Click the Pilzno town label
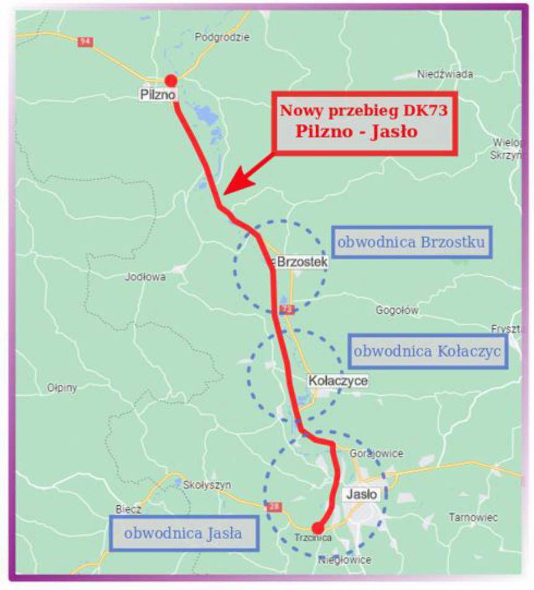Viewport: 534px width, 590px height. [x=159, y=95]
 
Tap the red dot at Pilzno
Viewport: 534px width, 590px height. [x=171, y=80]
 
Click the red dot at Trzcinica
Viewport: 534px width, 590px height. [x=317, y=527]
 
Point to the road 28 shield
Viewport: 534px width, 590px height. [x=273, y=506]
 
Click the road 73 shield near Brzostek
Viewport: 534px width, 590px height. [x=285, y=308]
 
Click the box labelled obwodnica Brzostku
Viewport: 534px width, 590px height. [x=412, y=242]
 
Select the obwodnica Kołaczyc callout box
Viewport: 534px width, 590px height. [x=428, y=351]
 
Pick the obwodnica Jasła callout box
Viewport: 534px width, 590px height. [x=184, y=532]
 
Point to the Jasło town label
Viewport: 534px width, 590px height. [x=360, y=494]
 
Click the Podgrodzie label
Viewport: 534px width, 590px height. [x=222, y=37]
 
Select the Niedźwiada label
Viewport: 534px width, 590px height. [x=445, y=74]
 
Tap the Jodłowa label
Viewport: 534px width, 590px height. [x=145, y=277]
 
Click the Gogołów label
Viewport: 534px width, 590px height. [x=397, y=310]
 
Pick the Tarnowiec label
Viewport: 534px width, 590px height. [x=473, y=517]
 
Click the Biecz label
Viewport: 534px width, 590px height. [x=129, y=510]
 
